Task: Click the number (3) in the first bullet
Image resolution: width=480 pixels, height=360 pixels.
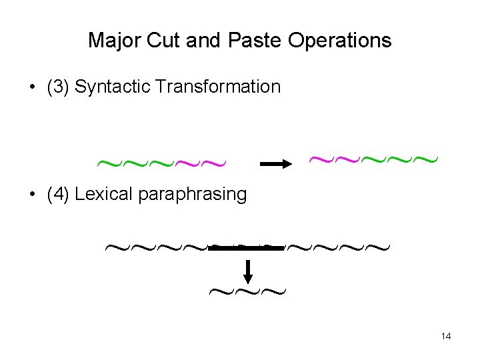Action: click(59, 87)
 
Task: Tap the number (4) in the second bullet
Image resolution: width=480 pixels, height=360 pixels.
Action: click(59, 195)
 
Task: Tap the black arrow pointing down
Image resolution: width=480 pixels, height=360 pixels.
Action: click(247, 271)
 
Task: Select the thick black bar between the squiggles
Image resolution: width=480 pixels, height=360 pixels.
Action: click(247, 248)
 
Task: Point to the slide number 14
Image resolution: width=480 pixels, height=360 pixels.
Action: click(446, 336)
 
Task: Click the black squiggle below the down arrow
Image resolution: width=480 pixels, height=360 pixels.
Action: click(247, 291)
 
